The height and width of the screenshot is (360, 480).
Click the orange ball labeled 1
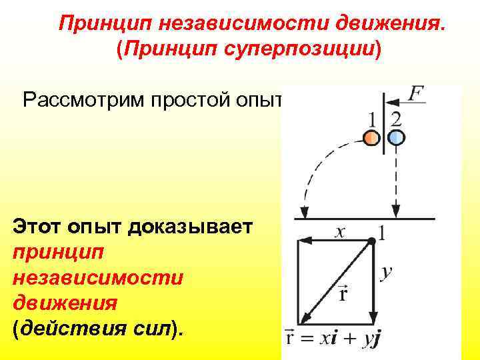point(371,138)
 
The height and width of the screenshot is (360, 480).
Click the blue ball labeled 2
point(396,138)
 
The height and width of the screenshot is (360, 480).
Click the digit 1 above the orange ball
point(372,120)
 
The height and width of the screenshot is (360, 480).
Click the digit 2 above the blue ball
point(396,120)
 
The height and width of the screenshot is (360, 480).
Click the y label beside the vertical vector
point(386,273)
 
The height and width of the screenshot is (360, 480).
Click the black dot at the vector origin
point(372,240)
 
